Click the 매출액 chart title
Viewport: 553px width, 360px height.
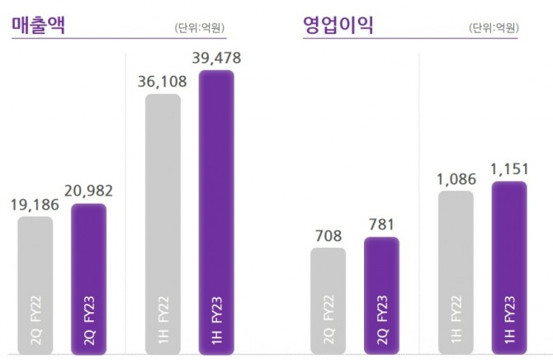(38, 25)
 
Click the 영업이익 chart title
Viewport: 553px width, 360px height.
(338, 25)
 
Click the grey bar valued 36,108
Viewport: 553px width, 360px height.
(163, 222)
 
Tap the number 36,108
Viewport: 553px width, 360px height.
(163, 82)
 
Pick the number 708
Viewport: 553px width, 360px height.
(328, 234)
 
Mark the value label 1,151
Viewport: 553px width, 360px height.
(508, 168)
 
